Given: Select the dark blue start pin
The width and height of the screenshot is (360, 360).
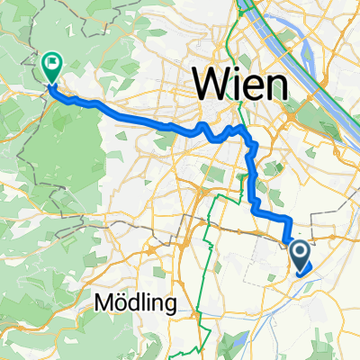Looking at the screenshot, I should tap(301, 256).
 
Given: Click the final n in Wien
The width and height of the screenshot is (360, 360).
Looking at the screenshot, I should tap(275, 86).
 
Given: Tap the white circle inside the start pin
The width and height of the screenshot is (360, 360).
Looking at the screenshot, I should tap(301, 252).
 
